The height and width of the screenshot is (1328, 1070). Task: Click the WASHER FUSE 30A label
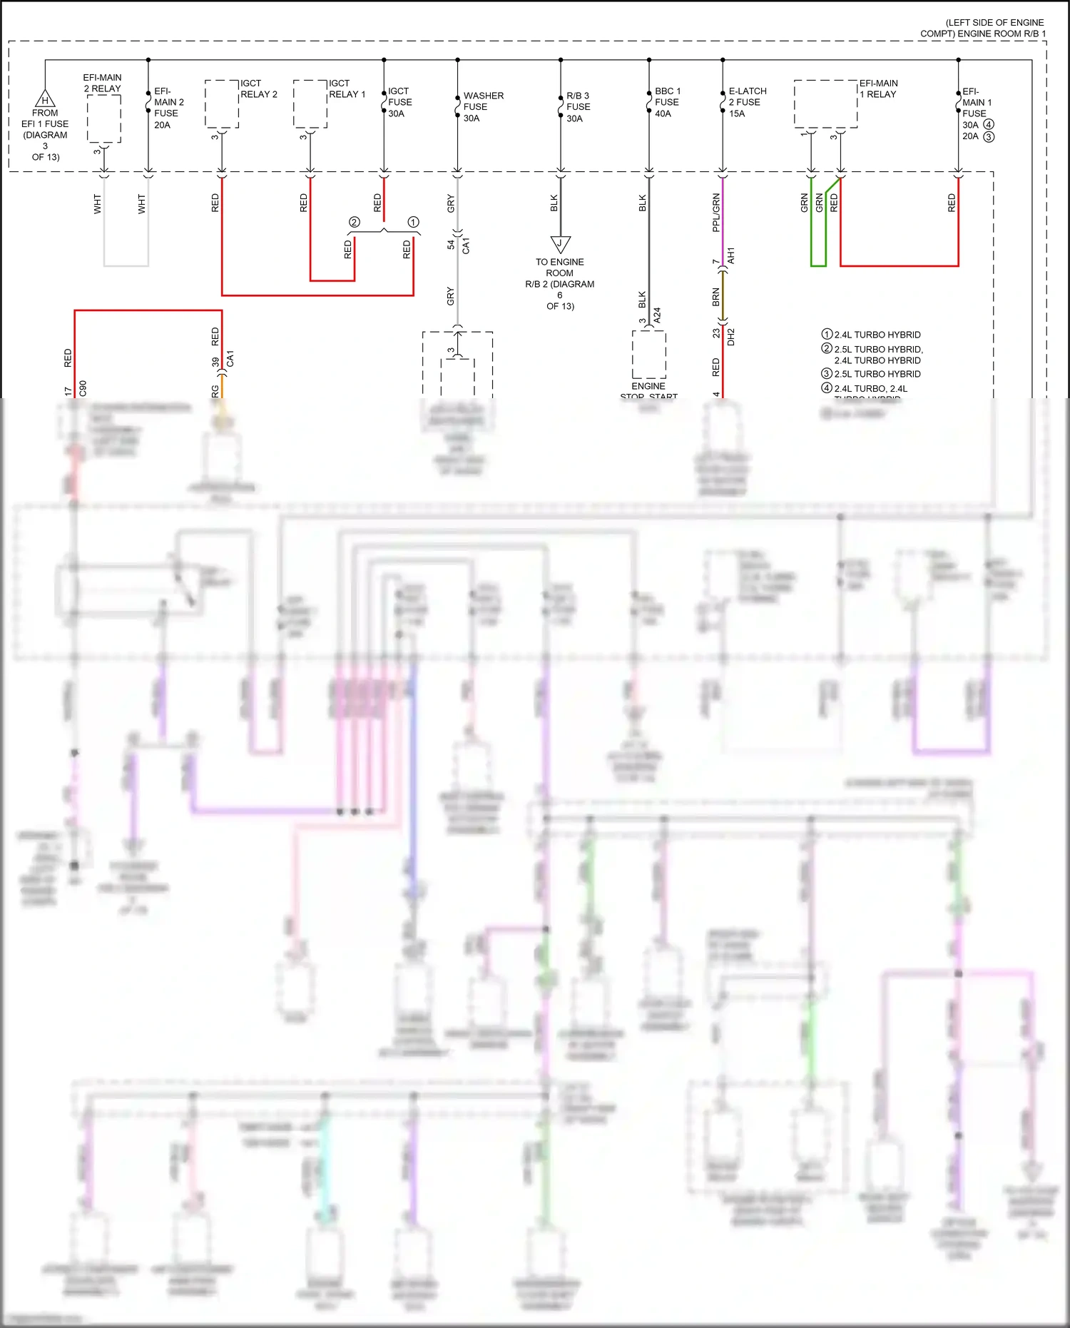tap(483, 107)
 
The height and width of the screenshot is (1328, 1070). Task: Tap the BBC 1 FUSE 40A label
tap(667, 102)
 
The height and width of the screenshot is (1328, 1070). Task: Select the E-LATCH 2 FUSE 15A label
tap(747, 102)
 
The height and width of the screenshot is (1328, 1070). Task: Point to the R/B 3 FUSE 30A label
tap(578, 107)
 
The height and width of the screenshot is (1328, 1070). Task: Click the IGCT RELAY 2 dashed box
tap(222, 104)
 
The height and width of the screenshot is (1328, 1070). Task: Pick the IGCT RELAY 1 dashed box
tap(310, 104)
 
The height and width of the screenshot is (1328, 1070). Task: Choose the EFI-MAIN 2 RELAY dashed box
tap(104, 118)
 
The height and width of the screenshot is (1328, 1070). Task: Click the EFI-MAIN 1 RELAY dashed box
tap(825, 104)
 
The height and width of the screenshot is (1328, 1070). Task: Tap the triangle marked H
tap(45, 98)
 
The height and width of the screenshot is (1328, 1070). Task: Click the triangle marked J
tap(560, 244)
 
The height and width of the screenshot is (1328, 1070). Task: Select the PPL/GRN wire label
tap(716, 213)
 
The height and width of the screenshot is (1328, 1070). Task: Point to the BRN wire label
tap(716, 297)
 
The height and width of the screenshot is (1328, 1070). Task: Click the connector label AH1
tap(730, 256)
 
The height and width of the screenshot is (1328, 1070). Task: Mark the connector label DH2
tap(730, 338)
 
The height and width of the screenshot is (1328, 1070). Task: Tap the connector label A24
tap(657, 315)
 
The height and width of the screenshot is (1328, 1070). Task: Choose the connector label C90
tap(83, 389)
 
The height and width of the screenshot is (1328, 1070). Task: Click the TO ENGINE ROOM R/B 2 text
tap(560, 284)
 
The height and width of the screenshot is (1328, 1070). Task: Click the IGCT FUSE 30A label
tap(399, 102)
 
